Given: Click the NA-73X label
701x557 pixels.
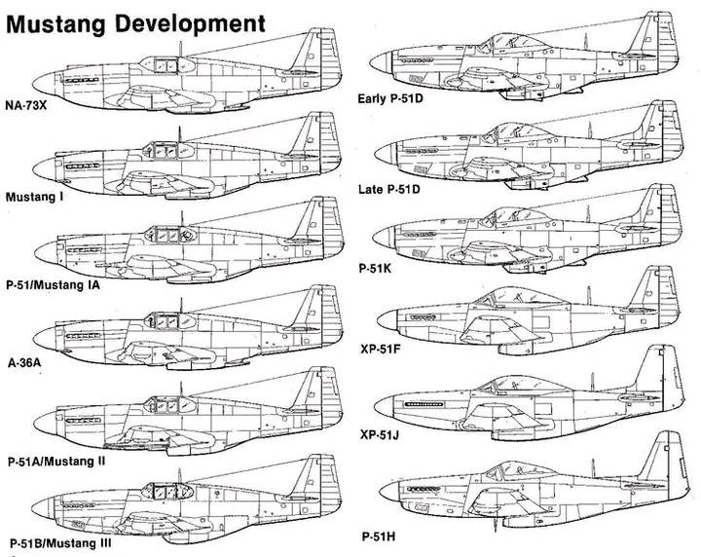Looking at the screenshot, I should pyautogui.click(x=29, y=107).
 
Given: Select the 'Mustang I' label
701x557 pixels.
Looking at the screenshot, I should pyautogui.click(x=35, y=196).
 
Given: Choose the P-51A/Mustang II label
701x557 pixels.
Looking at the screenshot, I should pyautogui.click(x=68, y=458).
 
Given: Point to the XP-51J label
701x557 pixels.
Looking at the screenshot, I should pyautogui.click(x=382, y=434).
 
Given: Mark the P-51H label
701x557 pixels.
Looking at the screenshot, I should pyautogui.click(x=379, y=535).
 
